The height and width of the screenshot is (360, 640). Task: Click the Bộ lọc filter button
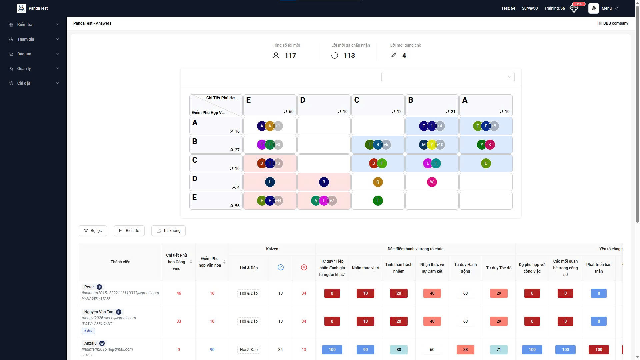tap(93, 231)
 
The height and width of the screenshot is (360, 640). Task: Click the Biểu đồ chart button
tap(129, 231)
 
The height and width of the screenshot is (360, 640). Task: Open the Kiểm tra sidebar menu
tap(33, 25)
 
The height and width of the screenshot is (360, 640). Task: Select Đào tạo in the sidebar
tap(33, 54)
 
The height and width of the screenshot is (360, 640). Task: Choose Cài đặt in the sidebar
tap(33, 83)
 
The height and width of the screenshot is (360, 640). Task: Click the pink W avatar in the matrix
tap(432, 182)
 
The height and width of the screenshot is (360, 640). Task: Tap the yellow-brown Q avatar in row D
tap(378, 182)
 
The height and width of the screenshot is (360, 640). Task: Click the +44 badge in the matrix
tap(278, 201)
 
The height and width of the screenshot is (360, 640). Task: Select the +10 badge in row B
tap(440, 145)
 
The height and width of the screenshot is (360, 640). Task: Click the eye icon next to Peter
tap(99, 287)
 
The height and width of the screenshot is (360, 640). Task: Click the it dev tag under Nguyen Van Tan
tap(88, 331)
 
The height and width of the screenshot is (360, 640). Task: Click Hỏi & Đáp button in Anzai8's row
tap(249, 350)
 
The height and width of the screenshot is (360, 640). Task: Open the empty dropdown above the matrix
tap(448, 77)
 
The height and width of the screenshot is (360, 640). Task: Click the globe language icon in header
tap(593, 8)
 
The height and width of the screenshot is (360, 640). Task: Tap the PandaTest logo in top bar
tap(21, 8)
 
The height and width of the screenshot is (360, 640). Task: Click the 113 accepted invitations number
tap(349, 56)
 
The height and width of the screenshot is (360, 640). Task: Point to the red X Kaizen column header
tap(304, 268)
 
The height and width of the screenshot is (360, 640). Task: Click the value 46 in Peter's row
tap(179, 293)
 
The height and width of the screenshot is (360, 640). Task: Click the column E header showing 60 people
tap(270, 105)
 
